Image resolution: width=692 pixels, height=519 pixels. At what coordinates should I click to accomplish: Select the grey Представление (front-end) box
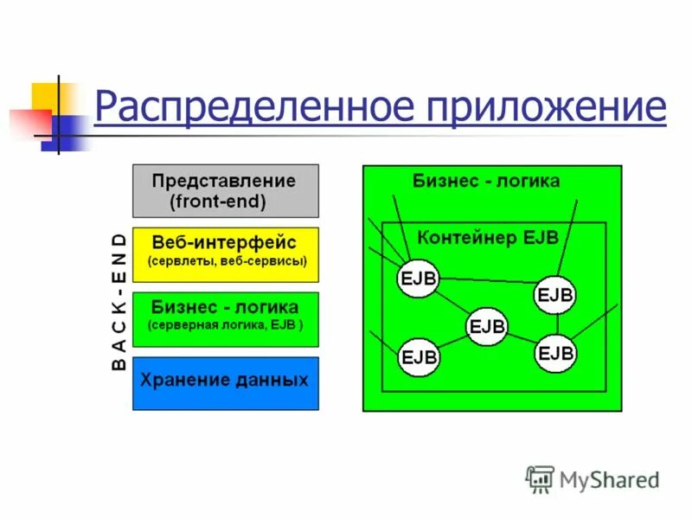click(225, 191)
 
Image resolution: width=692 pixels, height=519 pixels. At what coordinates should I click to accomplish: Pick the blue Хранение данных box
click(225, 381)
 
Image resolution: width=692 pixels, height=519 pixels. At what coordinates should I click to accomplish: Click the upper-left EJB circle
click(419, 278)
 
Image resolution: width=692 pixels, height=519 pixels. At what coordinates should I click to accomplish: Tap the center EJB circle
click(488, 326)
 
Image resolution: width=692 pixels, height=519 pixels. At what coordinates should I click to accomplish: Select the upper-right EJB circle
click(555, 294)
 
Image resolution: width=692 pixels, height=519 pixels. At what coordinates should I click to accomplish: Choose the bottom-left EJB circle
click(419, 356)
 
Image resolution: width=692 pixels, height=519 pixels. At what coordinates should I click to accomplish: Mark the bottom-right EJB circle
click(555, 353)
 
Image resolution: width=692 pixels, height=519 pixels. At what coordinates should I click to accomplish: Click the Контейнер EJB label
click(488, 236)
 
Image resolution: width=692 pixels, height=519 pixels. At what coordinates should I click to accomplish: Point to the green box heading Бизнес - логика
click(486, 181)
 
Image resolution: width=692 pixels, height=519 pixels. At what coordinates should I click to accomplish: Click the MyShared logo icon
click(540, 478)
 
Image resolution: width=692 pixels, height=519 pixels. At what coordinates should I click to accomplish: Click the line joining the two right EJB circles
click(556, 324)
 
